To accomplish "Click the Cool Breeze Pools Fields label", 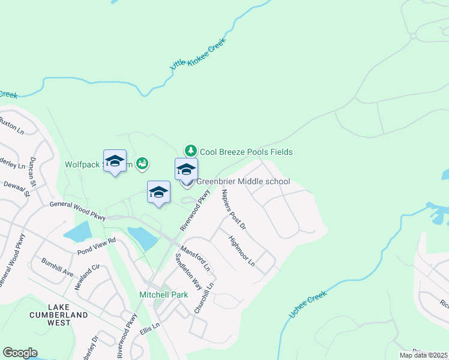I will [x=246, y=152].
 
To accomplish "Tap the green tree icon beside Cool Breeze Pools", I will [x=190, y=150].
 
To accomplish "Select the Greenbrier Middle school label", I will [x=243, y=181].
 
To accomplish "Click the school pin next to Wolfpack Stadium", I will [x=115, y=161].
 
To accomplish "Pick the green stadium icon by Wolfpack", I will [x=142, y=163].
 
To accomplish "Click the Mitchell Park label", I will [x=163, y=295].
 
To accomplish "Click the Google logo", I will [x=20, y=353].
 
